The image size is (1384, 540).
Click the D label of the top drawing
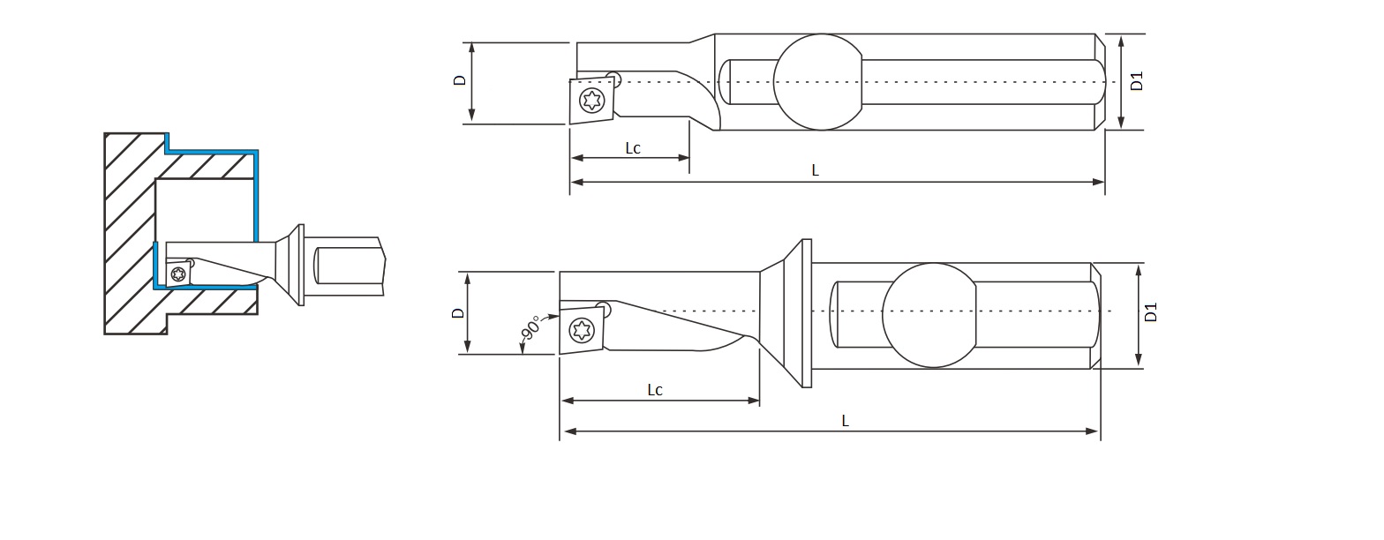[460, 80]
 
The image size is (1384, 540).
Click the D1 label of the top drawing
[1137, 81]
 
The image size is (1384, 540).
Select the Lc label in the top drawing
[633, 148]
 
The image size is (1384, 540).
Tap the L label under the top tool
[815, 170]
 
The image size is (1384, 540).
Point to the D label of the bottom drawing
[458, 313]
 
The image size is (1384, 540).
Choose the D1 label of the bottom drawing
[1150, 312]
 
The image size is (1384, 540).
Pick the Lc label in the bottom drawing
[655, 390]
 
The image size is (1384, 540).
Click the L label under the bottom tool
[846, 422]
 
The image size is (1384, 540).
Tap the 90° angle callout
[530, 327]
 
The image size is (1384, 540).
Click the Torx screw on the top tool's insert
[592, 100]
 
